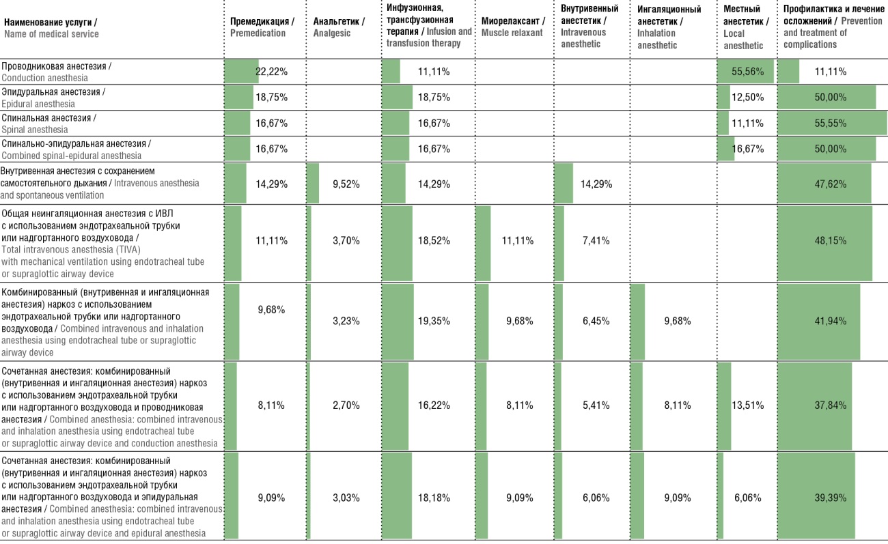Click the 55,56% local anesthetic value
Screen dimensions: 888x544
click(x=748, y=72)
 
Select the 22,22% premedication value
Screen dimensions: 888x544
click(x=272, y=72)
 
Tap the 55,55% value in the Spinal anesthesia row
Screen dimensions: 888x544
click(x=831, y=124)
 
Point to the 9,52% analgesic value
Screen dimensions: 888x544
click(x=346, y=184)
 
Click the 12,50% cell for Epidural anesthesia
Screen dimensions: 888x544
click(x=748, y=98)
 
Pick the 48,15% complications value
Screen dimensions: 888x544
click(x=831, y=241)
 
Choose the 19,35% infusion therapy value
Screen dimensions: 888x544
click(x=434, y=321)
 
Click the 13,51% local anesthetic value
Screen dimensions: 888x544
click(x=748, y=405)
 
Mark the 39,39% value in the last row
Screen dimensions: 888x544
click(x=831, y=498)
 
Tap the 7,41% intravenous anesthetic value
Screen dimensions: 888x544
click(x=596, y=241)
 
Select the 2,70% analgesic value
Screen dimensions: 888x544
click(x=346, y=405)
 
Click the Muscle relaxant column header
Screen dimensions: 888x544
click(x=513, y=27)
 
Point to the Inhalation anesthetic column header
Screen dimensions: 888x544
click(x=669, y=27)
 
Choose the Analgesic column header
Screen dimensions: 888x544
click(x=339, y=27)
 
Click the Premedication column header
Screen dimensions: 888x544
click(x=262, y=27)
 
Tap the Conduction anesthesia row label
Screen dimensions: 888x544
click(x=56, y=72)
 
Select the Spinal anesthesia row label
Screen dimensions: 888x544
click(x=48, y=124)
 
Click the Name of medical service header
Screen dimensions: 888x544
click(x=51, y=28)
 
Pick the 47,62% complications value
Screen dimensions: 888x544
click(x=831, y=184)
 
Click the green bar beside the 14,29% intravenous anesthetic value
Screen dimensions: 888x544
click(x=564, y=184)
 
